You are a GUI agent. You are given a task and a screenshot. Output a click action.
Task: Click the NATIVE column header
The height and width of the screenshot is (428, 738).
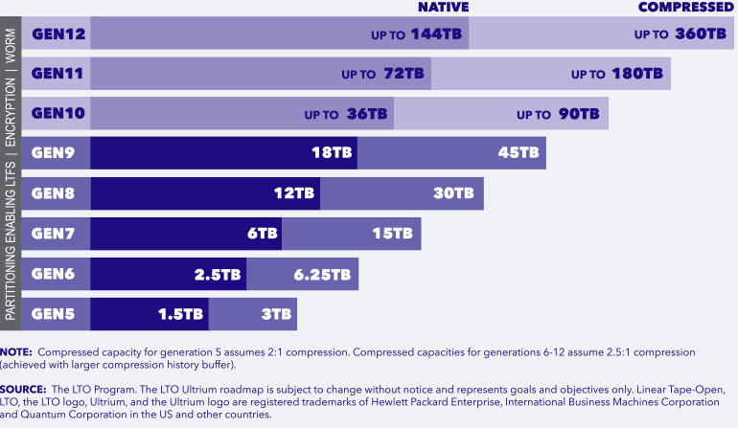click(x=443, y=8)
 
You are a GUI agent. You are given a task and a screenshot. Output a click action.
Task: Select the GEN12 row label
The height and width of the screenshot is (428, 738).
click(x=59, y=34)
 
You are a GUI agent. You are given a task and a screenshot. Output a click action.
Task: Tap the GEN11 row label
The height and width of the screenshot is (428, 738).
click(x=59, y=73)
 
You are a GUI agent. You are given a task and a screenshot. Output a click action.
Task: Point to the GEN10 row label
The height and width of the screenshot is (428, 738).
click(x=59, y=113)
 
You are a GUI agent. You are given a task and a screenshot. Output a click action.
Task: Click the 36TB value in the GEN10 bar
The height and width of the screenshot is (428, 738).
click(x=367, y=114)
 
